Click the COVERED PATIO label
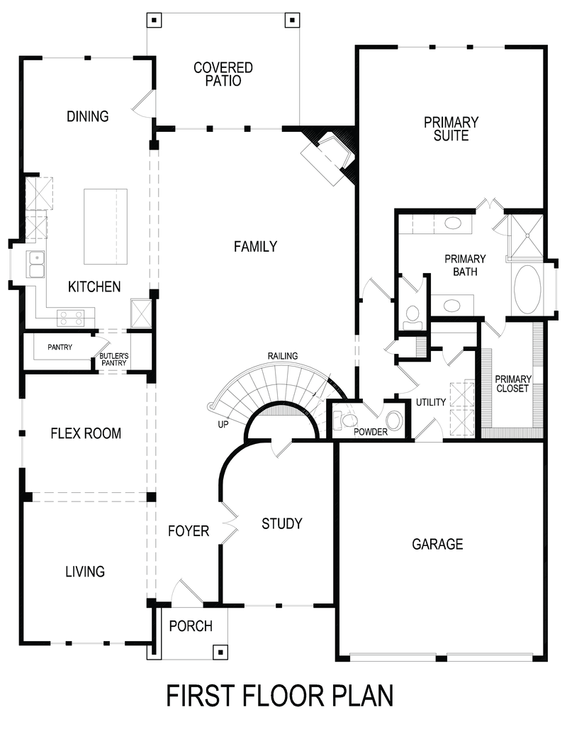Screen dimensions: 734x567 (223, 74)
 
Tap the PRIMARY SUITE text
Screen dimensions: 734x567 (451, 128)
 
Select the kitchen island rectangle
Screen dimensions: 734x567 (106, 226)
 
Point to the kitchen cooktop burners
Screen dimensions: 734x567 (71, 316)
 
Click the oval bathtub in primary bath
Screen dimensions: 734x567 (527, 289)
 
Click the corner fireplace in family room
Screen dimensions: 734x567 (327, 157)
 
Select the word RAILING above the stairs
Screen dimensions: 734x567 (282, 356)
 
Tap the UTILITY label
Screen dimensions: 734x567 (431, 402)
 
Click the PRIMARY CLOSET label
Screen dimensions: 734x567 (512, 384)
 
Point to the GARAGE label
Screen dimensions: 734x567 (437, 544)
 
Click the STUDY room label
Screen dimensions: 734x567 (281, 523)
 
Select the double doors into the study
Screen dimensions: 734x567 (229, 523)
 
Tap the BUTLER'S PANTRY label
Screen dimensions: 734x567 (113, 360)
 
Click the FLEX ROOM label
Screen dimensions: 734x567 (86, 433)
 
